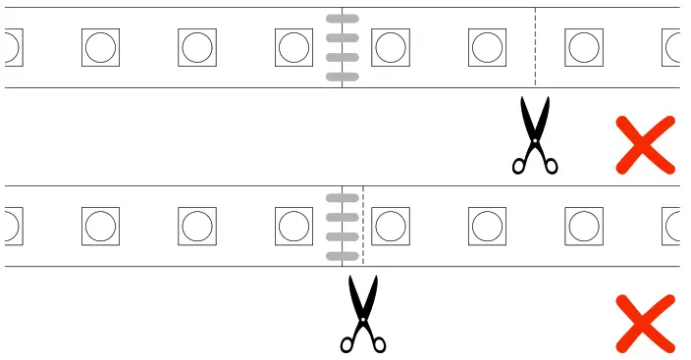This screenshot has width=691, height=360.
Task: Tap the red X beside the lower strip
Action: pyautogui.click(x=645, y=323)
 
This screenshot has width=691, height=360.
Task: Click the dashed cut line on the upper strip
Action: pyautogui.click(x=535, y=47)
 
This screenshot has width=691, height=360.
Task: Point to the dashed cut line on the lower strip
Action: pyautogui.click(x=363, y=226)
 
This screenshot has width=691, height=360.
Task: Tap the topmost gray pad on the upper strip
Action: pyautogui.click(x=342, y=20)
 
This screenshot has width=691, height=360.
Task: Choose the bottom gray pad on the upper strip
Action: pyautogui.click(x=342, y=76)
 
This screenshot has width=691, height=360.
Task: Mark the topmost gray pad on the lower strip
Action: pyautogui.click(x=342, y=198)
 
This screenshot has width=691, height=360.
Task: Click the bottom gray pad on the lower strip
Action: pyautogui.click(x=342, y=255)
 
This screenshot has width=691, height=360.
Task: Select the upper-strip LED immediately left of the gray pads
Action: pyautogui.click(x=294, y=47)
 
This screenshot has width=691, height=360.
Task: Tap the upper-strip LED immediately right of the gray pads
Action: pyautogui.click(x=391, y=47)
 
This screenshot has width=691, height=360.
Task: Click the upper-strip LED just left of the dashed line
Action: pyautogui.click(x=488, y=47)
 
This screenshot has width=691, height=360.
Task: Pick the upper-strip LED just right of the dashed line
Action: pyautogui.click(x=584, y=47)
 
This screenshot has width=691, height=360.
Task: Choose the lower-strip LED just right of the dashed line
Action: pyautogui.click(x=391, y=226)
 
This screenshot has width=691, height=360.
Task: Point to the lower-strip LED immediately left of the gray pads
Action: pyautogui.click(x=294, y=226)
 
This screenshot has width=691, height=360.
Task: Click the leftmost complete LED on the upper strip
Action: pyautogui.click(x=101, y=47)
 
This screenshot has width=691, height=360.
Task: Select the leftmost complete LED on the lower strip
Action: pyautogui.click(x=101, y=226)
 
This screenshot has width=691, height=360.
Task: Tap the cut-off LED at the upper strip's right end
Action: pyautogui.click(x=672, y=47)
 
